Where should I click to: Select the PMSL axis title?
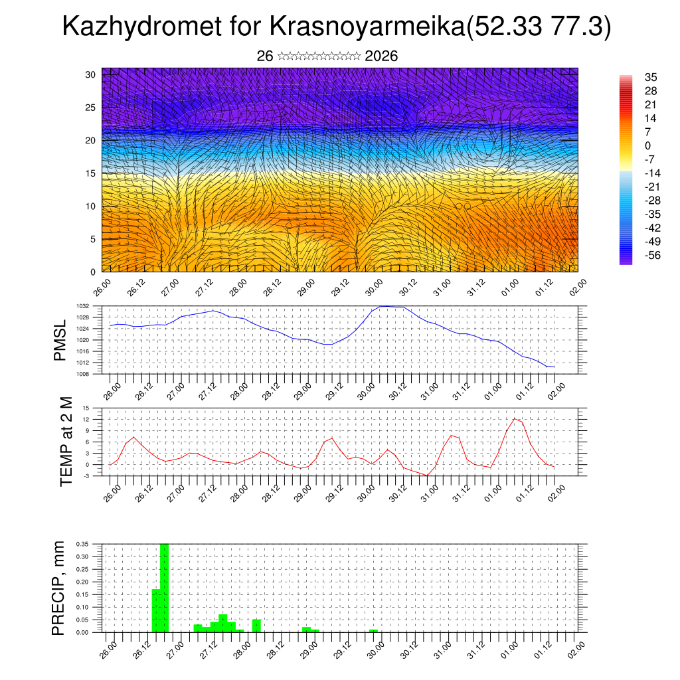pos(60,340)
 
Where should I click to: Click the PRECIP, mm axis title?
pos(59,588)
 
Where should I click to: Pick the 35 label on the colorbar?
pos(651,78)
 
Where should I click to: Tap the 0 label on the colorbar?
pos(647,145)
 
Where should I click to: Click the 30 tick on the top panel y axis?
pos(90,74)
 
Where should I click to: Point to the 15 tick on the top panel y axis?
pos(90,173)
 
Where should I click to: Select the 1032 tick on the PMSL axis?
pos(83,306)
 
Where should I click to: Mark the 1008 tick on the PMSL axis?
pos(83,374)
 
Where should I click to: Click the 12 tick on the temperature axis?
pos(86,419)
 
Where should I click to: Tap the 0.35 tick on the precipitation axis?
pos(82,544)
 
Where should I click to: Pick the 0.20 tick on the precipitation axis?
pos(82,582)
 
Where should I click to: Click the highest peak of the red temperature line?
pos(515,418)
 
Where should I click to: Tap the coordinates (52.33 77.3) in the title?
pos(539,27)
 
